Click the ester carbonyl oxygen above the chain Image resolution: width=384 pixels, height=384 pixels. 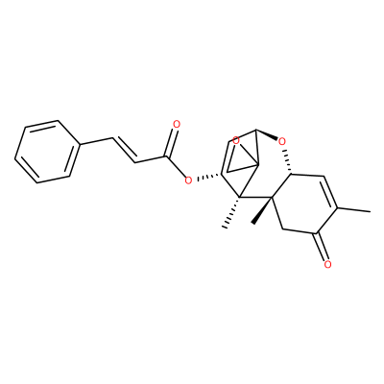[176, 124]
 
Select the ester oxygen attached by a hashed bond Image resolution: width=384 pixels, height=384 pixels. [188, 180]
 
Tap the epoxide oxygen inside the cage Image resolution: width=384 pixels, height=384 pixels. [236, 140]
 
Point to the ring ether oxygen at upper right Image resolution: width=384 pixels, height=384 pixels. [281, 141]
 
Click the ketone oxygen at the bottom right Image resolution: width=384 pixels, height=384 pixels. [327, 264]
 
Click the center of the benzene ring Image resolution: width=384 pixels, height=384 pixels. [47, 152]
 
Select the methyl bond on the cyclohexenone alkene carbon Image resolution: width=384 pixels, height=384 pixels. [354, 210]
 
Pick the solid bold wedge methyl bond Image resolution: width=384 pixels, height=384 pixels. [262, 210]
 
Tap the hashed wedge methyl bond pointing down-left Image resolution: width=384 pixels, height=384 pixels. [231, 212]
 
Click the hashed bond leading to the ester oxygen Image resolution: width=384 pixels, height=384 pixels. [208, 177]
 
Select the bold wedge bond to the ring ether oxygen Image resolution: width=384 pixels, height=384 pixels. [267, 134]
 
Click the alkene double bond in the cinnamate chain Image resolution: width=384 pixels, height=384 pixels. [124, 151]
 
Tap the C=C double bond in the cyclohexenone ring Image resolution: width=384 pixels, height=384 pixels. [330, 193]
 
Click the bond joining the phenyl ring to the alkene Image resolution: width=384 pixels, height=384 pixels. [96, 141]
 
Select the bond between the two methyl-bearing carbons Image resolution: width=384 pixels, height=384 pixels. [256, 197]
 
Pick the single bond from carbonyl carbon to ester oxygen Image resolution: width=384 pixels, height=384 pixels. [176, 166]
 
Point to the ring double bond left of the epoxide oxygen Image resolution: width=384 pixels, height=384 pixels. [224, 157]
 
